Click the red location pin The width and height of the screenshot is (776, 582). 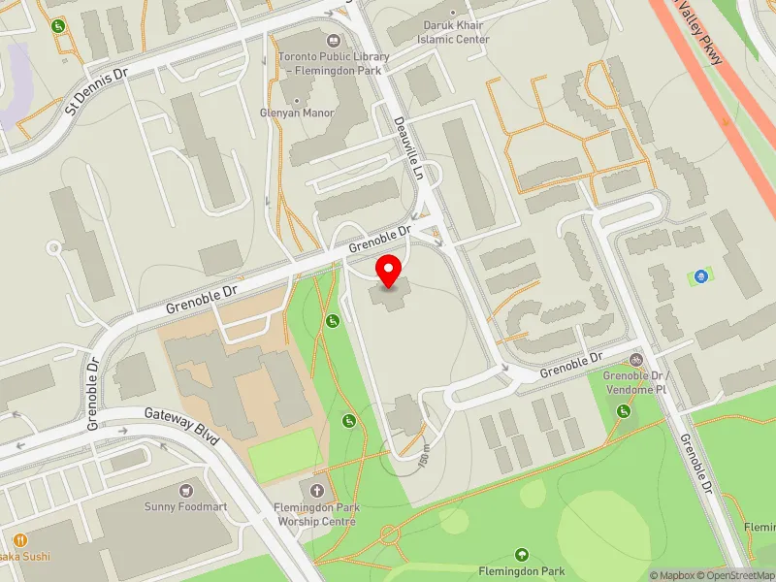[x=389, y=271]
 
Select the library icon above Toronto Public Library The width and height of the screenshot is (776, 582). [x=334, y=41]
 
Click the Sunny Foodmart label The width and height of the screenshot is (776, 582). [x=185, y=506]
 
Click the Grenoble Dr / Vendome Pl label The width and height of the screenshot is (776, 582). [x=635, y=381]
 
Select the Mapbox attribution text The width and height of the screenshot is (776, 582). [x=684, y=575]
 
